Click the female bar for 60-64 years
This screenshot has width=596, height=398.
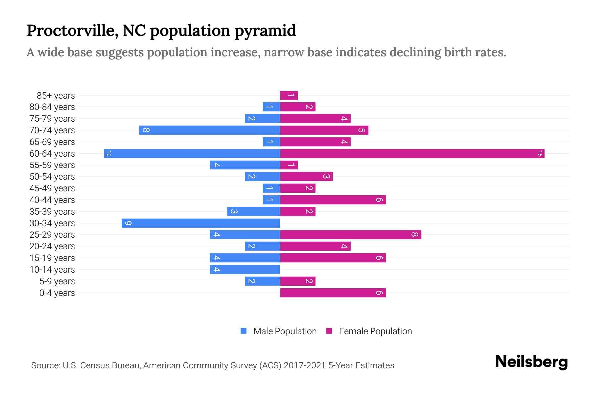point(412,154)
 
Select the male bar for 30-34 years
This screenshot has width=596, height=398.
point(201,223)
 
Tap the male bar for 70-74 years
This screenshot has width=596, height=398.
point(210,130)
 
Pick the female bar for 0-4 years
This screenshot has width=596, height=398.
point(333,293)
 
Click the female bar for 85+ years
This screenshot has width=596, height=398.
point(289,96)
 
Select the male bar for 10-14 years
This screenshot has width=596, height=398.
point(245,270)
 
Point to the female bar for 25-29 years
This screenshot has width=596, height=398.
point(350,235)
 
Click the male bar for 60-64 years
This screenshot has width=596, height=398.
point(192,154)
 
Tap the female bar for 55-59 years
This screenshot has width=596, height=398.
point(289,165)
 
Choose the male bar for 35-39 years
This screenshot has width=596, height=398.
point(254,212)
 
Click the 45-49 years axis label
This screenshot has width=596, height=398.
point(52,188)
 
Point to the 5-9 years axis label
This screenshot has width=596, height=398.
point(57,281)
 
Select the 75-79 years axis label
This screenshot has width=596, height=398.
point(52,119)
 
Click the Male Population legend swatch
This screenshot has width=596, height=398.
point(244,331)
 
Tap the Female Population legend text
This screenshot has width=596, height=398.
point(375,331)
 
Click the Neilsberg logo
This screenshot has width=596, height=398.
point(531,362)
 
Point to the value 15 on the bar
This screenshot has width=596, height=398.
point(540,154)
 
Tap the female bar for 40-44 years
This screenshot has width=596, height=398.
point(333,200)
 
